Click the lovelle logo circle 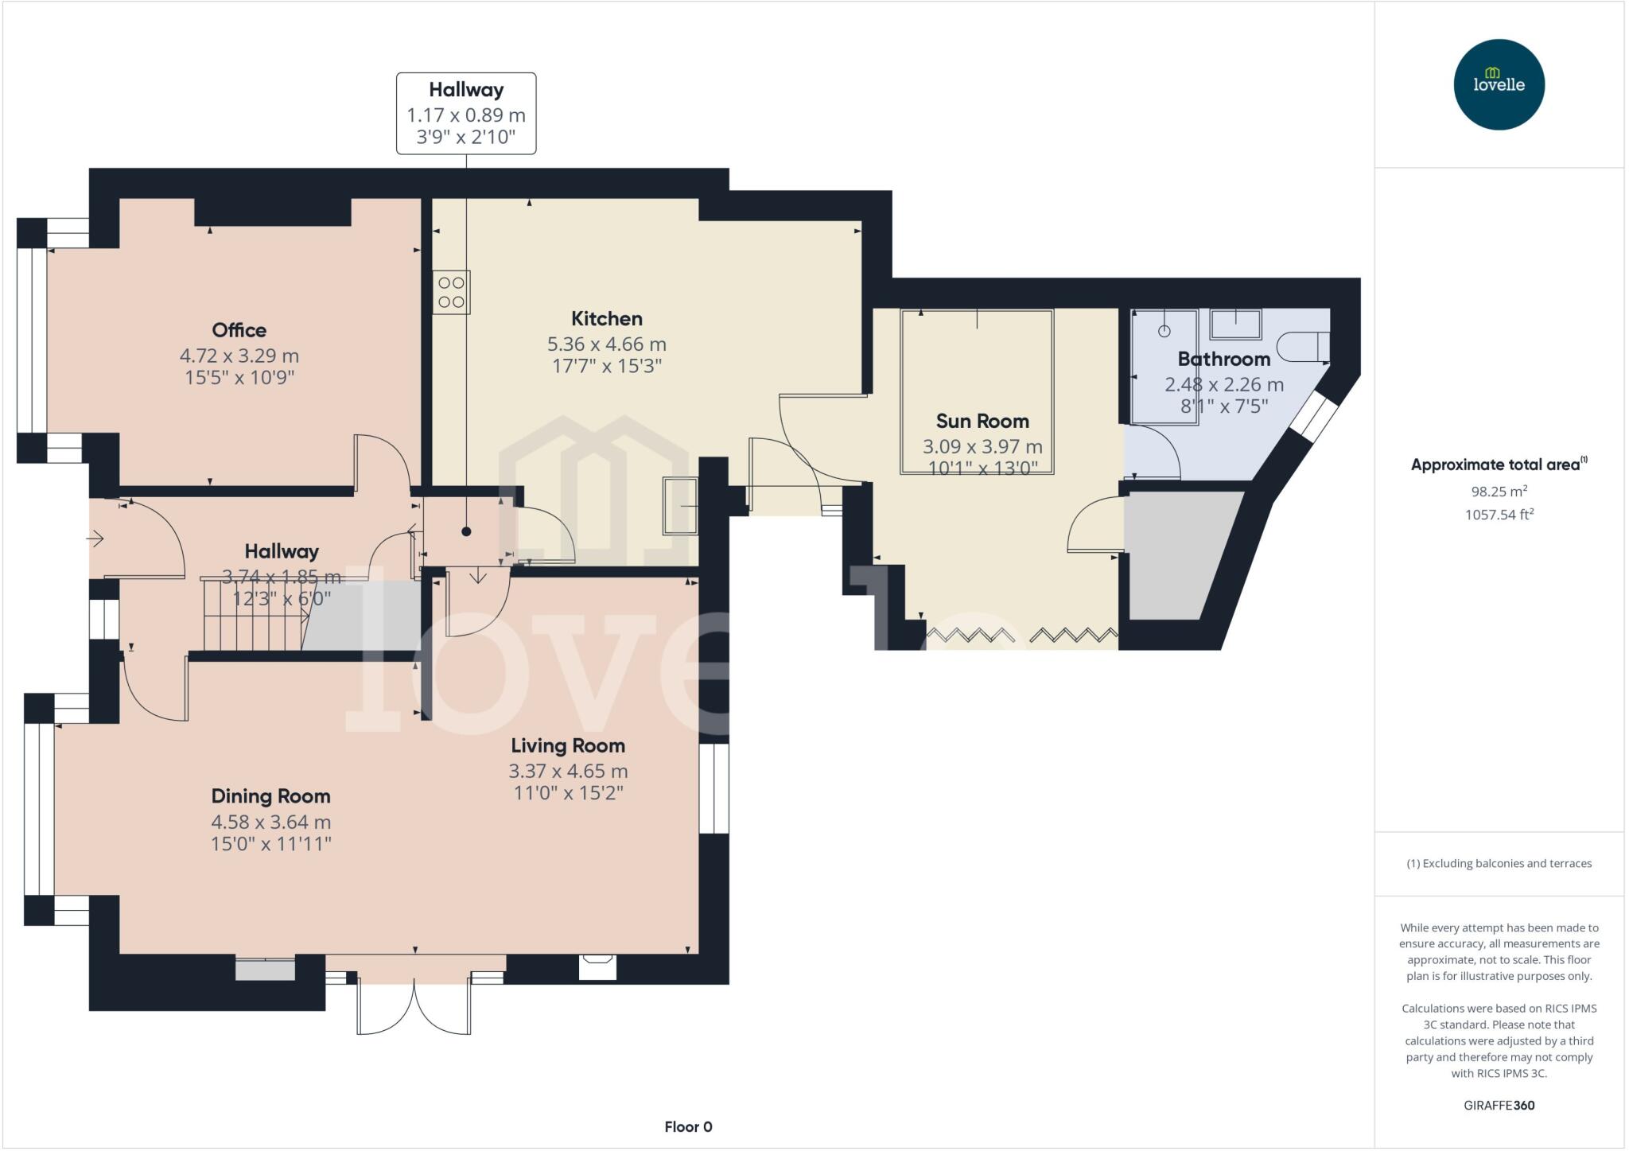pos(1499,84)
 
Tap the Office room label pos(239,330)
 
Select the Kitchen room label pos(606,319)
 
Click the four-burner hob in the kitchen pos(451,292)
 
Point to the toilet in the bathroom pos(1303,347)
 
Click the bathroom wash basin pos(1235,325)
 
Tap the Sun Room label pos(982,421)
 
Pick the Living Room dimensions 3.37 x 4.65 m pos(568,771)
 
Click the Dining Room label pos(270,796)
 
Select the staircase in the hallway pos(255,614)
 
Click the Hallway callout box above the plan pos(466,113)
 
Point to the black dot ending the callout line pos(466,531)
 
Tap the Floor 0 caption pos(688,1126)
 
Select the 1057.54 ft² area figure pos(1499,514)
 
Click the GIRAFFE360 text pos(1499,1105)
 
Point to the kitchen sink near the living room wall pos(680,505)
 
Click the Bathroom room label pos(1223,359)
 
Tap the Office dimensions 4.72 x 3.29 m pos(239,356)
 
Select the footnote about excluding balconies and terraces pos(1499,863)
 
